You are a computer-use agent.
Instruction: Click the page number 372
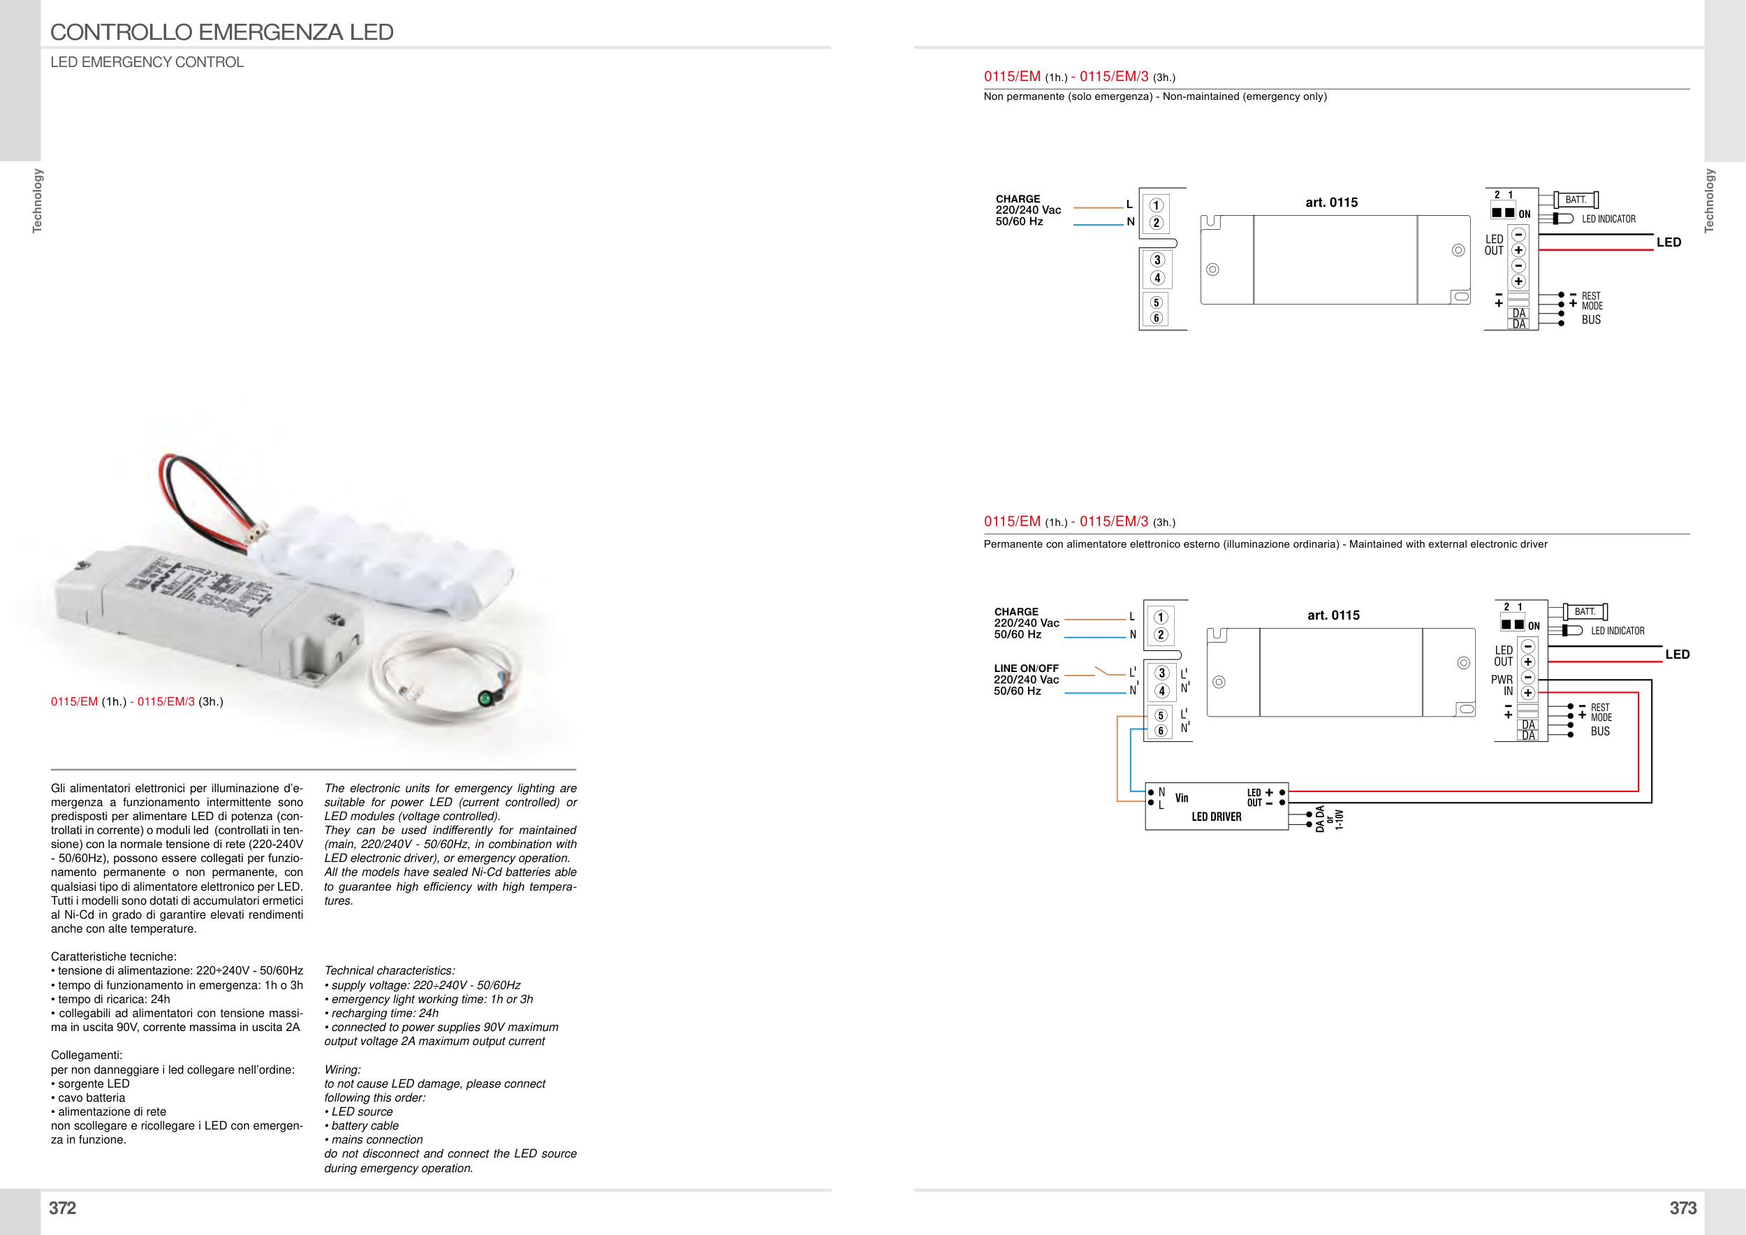coord(62,1208)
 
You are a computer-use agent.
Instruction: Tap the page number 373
coord(1682,1208)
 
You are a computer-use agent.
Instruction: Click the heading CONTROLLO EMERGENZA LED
coord(221,32)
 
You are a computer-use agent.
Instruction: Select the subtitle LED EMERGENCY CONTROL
coord(147,62)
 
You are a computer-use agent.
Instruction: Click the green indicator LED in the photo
coord(485,698)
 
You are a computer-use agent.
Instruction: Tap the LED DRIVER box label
coord(1216,817)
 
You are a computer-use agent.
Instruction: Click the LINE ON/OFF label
coord(1026,668)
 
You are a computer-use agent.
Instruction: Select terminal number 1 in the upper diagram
coord(1156,205)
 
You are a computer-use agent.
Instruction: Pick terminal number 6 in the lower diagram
coord(1161,731)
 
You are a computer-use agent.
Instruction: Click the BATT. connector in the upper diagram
coord(1576,200)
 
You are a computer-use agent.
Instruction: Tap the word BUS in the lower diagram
coord(1600,731)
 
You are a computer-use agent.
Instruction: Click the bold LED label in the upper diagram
coord(1668,242)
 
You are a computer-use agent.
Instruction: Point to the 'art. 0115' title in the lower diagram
coord(1333,615)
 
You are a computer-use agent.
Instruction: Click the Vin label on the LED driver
coord(1181,798)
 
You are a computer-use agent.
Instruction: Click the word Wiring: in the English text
coord(342,1070)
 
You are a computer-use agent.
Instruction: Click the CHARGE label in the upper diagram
coord(1018,199)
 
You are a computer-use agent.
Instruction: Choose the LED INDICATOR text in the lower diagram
coord(1617,631)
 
